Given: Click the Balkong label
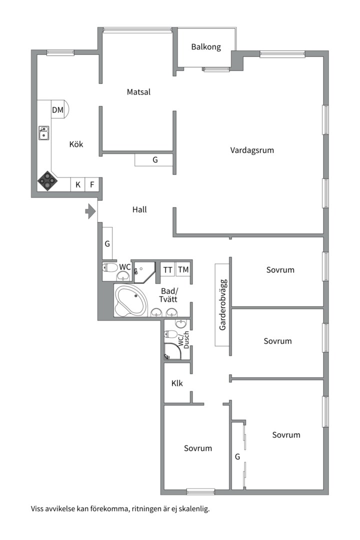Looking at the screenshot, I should (206, 47).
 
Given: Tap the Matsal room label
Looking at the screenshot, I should (138, 92).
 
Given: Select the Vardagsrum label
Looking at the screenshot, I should (252, 150).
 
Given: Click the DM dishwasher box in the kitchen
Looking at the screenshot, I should (58, 110).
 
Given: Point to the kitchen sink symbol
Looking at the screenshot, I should (44, 133).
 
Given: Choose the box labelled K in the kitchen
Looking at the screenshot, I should (78, 184).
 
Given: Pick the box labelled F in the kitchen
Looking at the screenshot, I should (92, 184).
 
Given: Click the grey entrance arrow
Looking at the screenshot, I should (90, 211).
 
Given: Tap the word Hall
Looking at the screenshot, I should (139, 210).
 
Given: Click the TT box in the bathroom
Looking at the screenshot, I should (167, 270).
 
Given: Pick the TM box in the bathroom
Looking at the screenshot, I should (183, 270).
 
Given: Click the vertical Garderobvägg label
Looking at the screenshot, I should (222, 304).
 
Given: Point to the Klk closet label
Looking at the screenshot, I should (177, 384).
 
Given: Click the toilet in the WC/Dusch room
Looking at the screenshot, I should (170, 334).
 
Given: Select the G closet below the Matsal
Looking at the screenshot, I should (154, 160).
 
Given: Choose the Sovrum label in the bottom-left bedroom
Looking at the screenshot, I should (197, 448).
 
